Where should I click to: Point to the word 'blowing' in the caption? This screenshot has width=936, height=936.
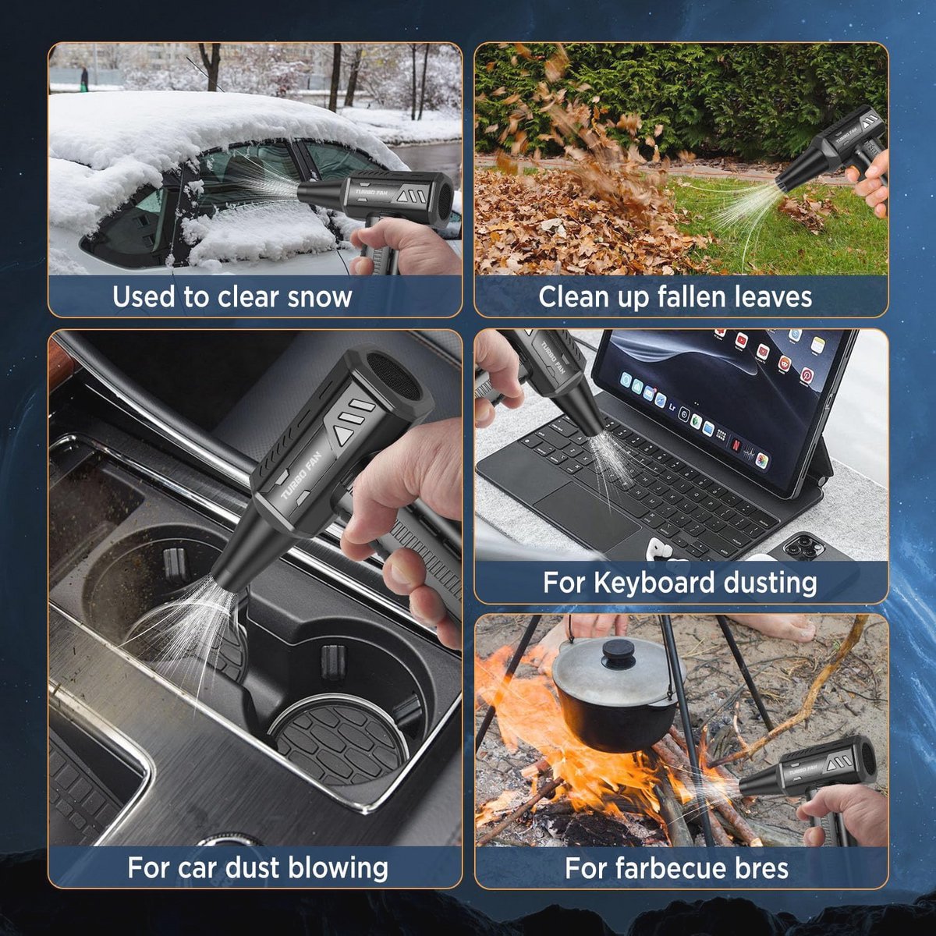(x=338, y=868)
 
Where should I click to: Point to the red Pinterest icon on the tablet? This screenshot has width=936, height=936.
(x=808, y=375)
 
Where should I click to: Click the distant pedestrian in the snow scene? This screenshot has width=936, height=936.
(x=84, y=80)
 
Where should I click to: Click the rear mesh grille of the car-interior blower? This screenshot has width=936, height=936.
(x=392, y=376)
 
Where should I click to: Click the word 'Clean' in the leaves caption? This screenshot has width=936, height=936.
(x=569, y=296)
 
